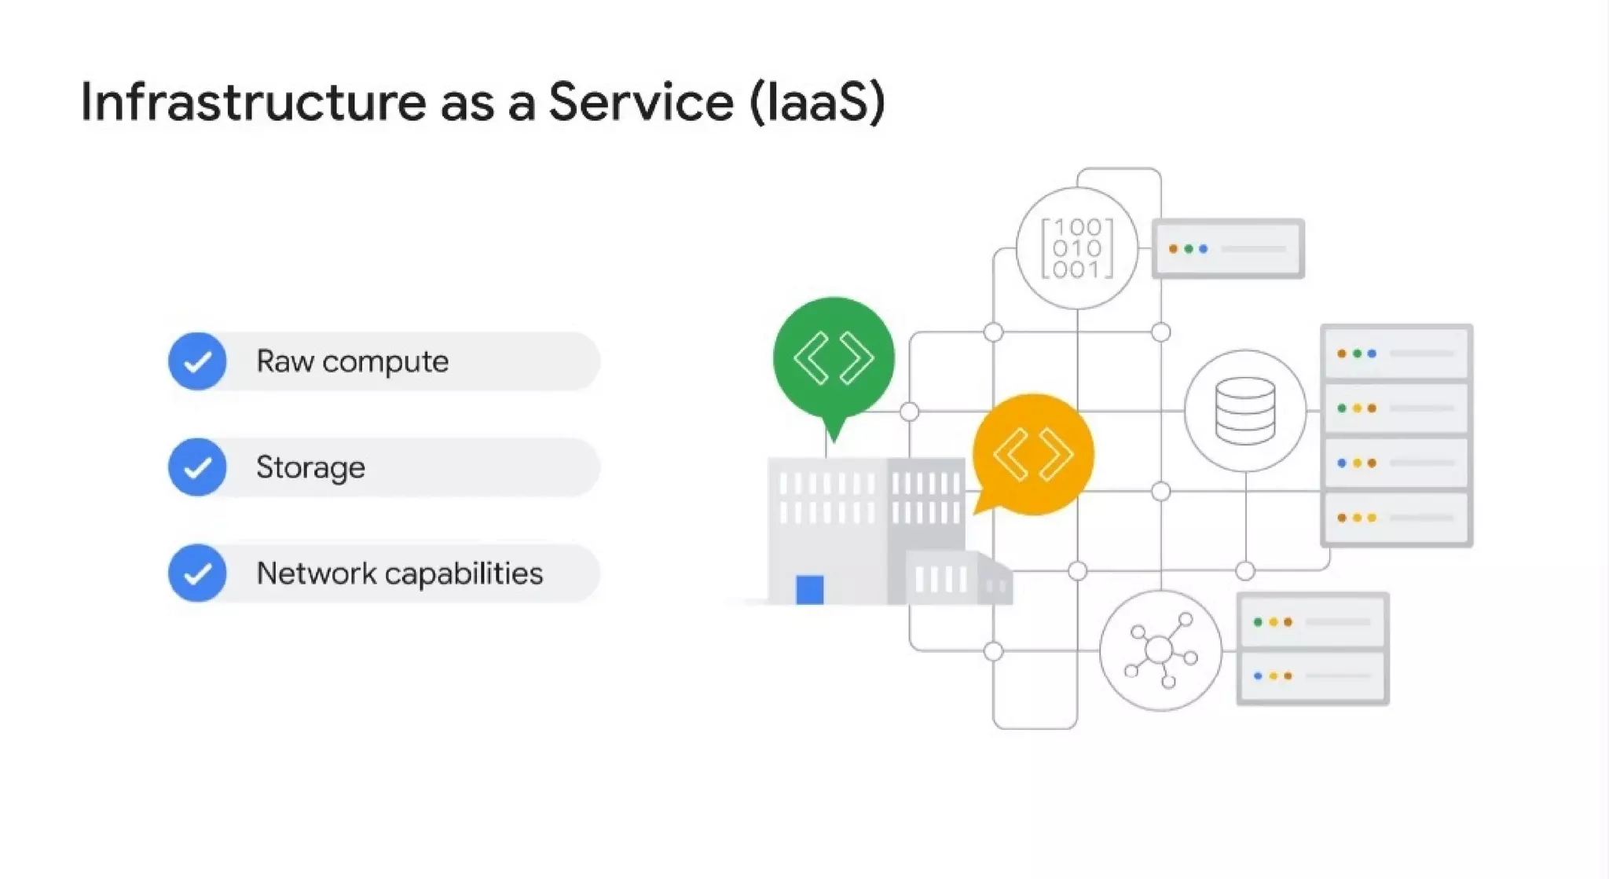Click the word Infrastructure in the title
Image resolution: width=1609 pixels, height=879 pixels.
coord(253,103)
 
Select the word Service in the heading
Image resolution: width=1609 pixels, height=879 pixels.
coord(640,103)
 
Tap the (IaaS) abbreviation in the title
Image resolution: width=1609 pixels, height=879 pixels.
coord(817,103)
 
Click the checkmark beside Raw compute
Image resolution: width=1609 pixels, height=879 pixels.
coord(197,361)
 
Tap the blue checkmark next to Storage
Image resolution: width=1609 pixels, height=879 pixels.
coord(197,467)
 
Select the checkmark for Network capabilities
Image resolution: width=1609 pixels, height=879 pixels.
coord(197,573)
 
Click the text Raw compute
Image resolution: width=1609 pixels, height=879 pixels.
coord(352,361)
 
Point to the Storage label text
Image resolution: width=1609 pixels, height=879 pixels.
coord(310,467)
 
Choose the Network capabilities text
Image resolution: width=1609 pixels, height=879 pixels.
coord(399,573)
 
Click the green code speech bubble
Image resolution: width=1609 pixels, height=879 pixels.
coord(834,358)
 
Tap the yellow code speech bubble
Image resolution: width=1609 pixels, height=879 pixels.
coord(1033,454)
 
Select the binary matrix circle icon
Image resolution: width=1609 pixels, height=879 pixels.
coord(1076,248)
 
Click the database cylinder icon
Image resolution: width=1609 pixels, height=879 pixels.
coord(1245,411)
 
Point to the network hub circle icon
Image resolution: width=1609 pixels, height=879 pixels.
coord(1160,651)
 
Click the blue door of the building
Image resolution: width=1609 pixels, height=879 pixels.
coord(809,590)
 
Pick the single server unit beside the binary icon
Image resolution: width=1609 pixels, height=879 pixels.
coord(1228,249)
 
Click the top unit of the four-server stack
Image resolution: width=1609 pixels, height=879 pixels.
coord(1396,353)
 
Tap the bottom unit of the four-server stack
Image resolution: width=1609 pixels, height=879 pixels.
coord(1396,518)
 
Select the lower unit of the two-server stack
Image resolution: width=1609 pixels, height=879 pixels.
coord(1312,676)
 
